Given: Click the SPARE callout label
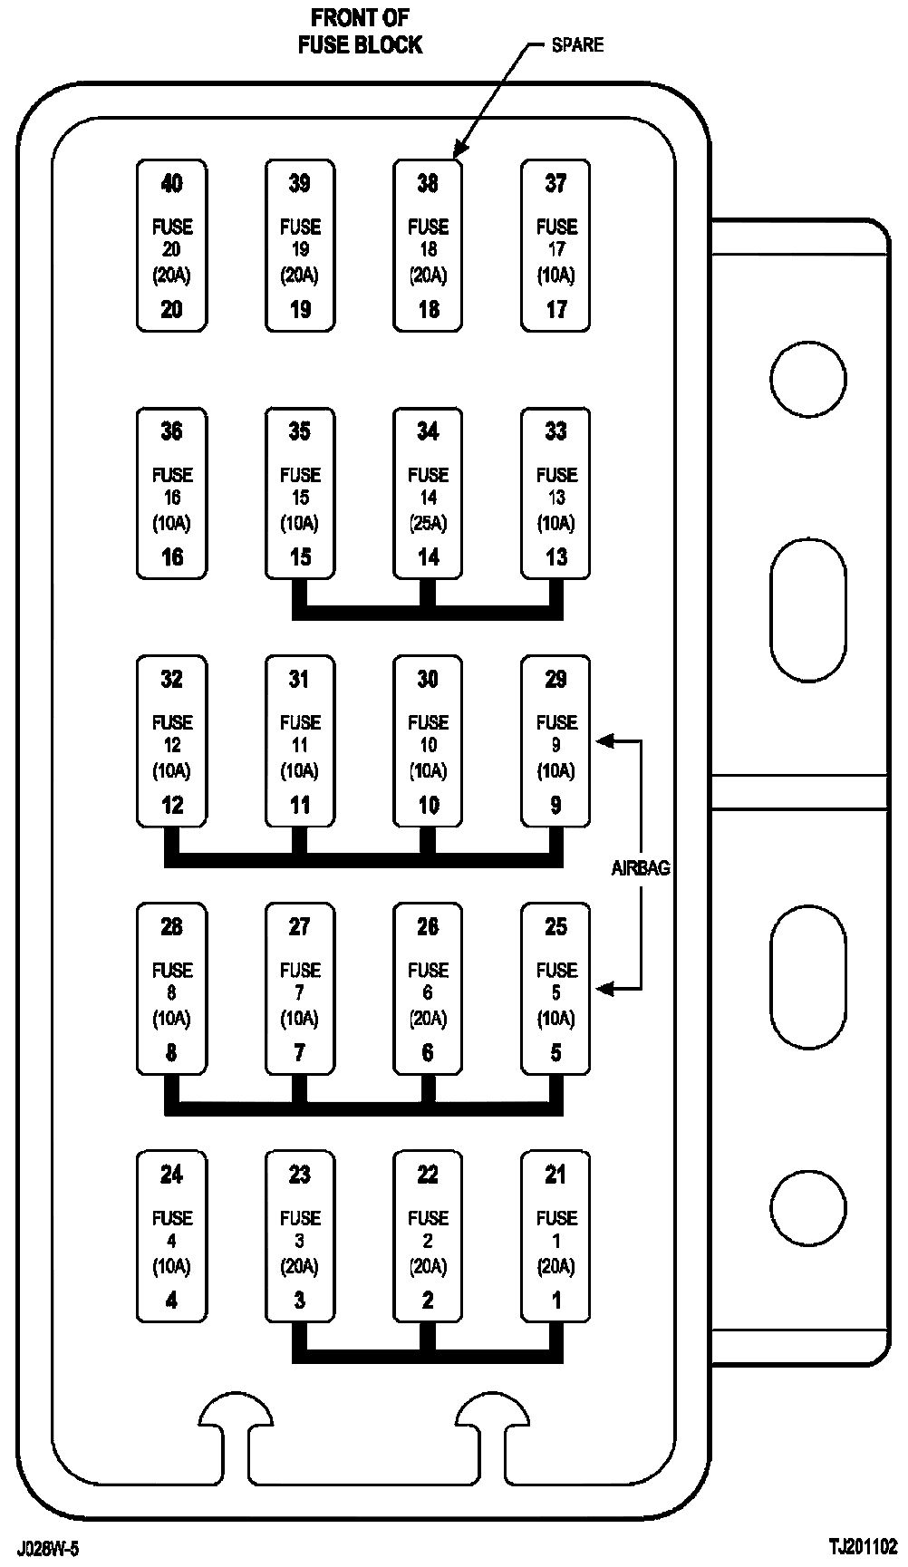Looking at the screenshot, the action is coord(577,44).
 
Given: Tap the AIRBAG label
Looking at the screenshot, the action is coord(641,867).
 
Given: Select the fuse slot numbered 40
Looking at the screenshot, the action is coord(171,246).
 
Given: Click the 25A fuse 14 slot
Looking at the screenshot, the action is coord(428,493).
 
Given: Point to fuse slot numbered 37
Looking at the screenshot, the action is coord(555,246).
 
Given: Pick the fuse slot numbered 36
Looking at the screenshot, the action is coord(171,493).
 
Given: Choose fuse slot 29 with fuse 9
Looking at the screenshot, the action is coord(555,740).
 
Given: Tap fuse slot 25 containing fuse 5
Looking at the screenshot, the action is coord(555,988).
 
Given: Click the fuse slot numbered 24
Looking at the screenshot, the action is coord(171,1236).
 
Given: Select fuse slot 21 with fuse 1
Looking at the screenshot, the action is coord(555,1236).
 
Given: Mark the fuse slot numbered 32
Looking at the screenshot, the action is coord(171,740).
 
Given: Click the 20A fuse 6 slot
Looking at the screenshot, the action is coord(428,988).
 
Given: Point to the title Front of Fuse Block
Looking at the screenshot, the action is coord(360,32).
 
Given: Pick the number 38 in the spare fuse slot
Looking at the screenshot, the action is coord(428,184).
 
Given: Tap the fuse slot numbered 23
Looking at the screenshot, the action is coord(300,1236).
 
